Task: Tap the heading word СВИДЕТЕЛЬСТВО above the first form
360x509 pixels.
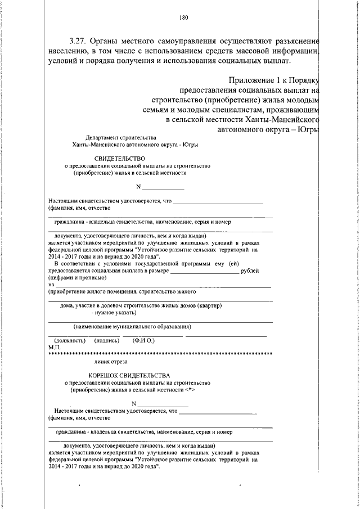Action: point(120,159)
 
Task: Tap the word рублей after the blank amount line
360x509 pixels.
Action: point(250,271)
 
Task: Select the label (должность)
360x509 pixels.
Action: point(69,340)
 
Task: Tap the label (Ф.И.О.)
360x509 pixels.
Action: point(143,340)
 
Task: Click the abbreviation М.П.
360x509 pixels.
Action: point(54,348)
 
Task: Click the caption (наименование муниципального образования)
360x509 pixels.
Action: point(132,326)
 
